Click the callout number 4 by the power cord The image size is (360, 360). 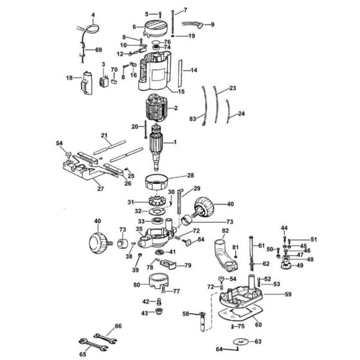(93, 15)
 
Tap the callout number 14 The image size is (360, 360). (194, 69)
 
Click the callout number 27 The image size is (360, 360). (100, 189)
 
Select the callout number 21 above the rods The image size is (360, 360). (104, 135)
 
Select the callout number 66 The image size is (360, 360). (117, 327)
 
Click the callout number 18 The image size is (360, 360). (69, 78)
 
